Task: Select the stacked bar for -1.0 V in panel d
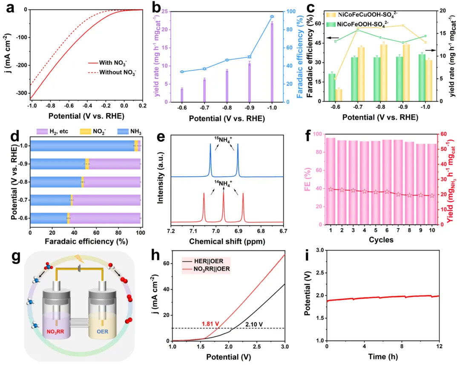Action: click(85, 146)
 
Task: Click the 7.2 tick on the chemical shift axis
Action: click(171, 230)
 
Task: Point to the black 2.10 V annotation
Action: click(253, 324)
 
